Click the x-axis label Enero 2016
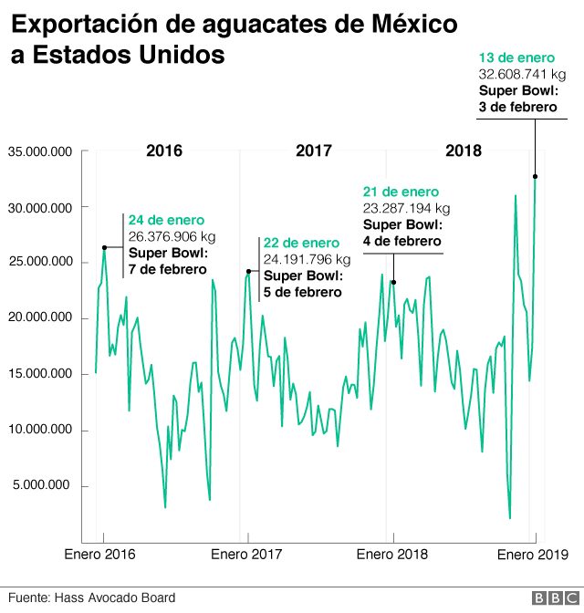[99, 554]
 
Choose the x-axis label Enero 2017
[246, 554]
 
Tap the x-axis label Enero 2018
[392, 554]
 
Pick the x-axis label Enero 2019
[532, 554]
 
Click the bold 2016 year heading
[164, 151]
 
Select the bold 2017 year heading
[314, 151]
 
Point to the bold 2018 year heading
[464, 151]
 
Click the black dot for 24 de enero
[104, 247]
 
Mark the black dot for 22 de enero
[248, 271]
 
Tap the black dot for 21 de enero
[393, 282]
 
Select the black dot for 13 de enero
[535, 176]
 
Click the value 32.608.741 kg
[524, 75]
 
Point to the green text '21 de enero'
[401, 192]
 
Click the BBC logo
[549, 597]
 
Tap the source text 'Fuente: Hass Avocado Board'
[91, 597]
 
